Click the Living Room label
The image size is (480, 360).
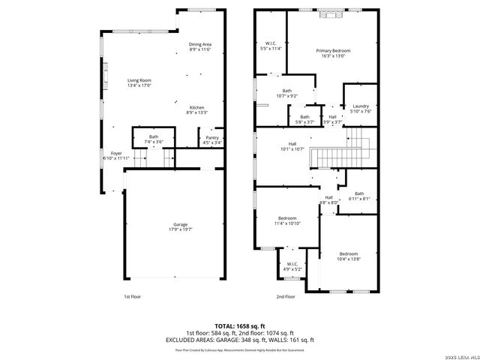pos(139,82)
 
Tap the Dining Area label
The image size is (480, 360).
pos(199,46)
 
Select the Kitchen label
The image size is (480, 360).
pos(196,109)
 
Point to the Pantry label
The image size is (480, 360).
pos(212,140)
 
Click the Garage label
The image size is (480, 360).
pos(181,226)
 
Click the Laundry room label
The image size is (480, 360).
pos(361,109)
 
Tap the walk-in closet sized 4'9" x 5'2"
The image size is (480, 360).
pos(292,266)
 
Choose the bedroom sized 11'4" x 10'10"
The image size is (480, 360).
pos(287,220)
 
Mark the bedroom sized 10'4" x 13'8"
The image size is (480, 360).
pos(347,256)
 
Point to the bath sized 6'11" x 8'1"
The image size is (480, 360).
pos(359,196)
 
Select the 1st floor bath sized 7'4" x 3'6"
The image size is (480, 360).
pos(153,139)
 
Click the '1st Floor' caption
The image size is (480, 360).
pos(133,297)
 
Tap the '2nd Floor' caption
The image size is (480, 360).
pos(285,297)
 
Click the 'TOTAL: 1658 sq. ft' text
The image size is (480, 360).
pos(240,326)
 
